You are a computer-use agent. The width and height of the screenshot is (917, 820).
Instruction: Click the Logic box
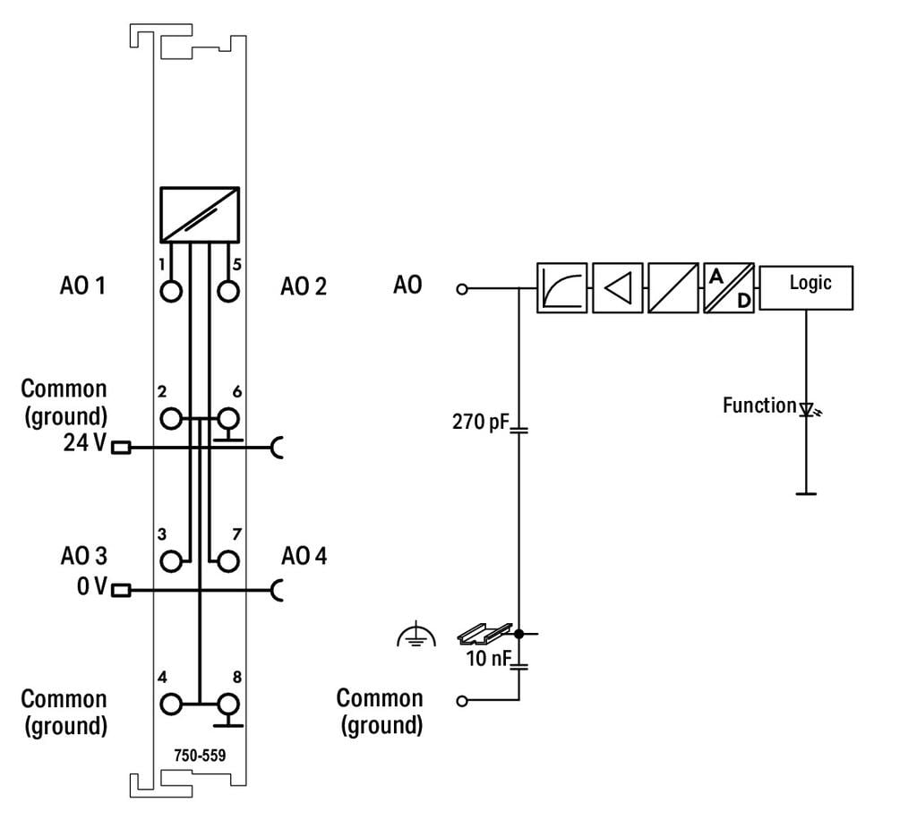point(806,287)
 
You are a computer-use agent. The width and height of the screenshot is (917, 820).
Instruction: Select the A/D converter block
point(729,287)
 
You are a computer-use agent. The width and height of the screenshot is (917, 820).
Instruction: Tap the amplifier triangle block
point(617,287)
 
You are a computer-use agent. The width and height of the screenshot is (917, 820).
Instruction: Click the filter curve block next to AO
point(561,287)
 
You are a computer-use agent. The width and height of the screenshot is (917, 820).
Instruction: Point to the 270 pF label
point(479,421)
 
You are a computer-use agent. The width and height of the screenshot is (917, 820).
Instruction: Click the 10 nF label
point(487,660)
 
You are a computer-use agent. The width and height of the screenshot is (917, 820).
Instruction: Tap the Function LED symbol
point(806,411)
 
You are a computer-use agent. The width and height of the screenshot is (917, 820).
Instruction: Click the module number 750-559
point(200,755)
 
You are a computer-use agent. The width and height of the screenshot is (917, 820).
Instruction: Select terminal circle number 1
point(171,292)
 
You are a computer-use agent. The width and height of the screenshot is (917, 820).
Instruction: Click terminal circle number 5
point(228,292)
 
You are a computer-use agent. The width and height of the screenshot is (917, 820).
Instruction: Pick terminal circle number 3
point(171,561)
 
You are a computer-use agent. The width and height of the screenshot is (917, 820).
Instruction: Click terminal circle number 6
point(228,418)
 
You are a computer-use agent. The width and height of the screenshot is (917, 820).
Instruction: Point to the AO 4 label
point(304,556)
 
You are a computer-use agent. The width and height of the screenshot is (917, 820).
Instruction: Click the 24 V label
point(86,443)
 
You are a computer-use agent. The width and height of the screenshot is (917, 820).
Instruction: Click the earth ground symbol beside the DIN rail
point(416,636)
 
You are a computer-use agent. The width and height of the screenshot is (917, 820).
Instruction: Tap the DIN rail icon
point(484,634)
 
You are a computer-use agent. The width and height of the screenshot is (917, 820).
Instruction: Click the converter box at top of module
point(200,215)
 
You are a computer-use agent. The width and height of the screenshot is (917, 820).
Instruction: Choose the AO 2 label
point(304,286)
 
